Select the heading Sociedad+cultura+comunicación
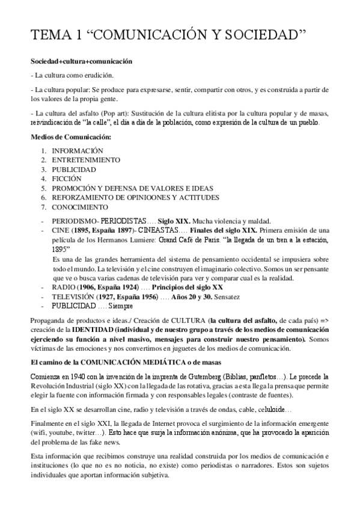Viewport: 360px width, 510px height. click(82, 62)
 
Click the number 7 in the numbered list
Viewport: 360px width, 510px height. click(43, 206)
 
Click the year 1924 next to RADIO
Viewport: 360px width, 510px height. click(132, 287)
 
